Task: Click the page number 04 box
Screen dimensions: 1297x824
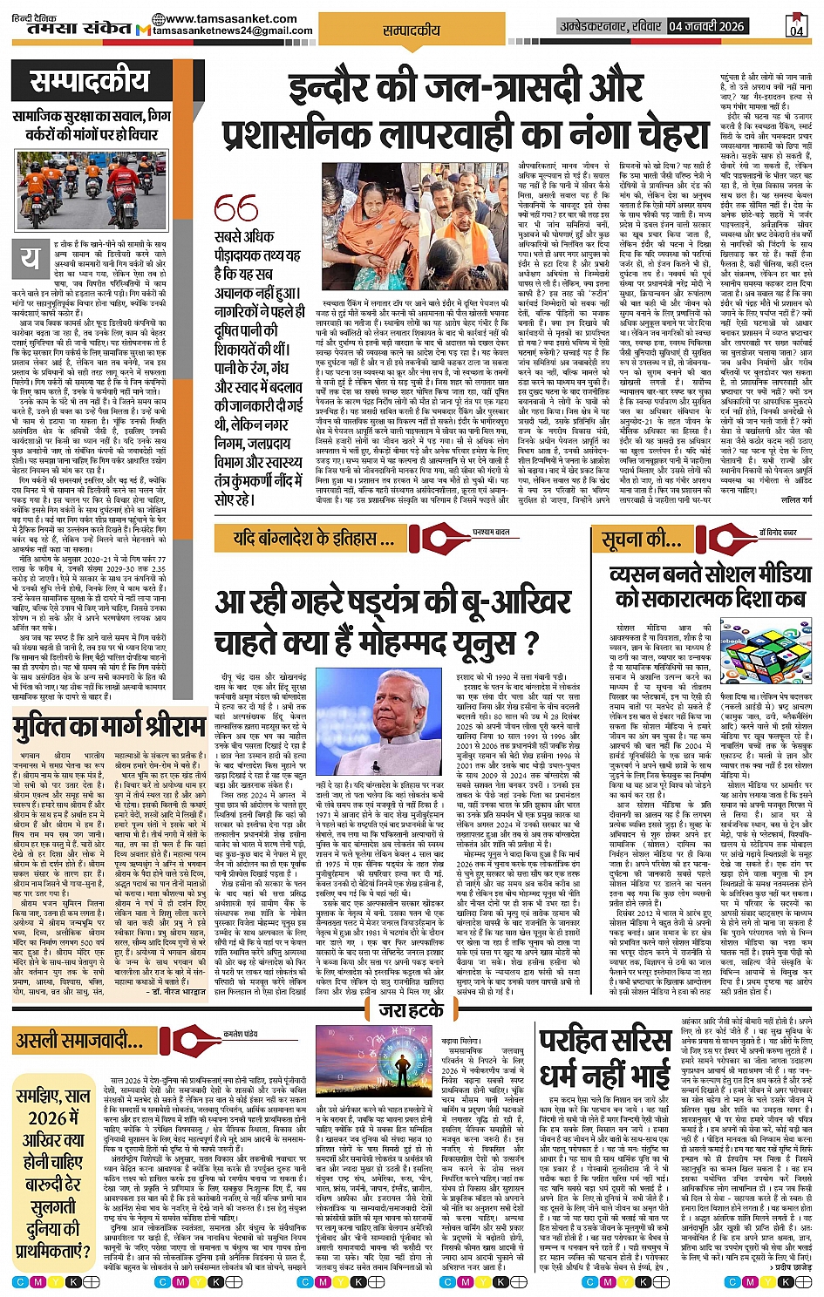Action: click(796, 27)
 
